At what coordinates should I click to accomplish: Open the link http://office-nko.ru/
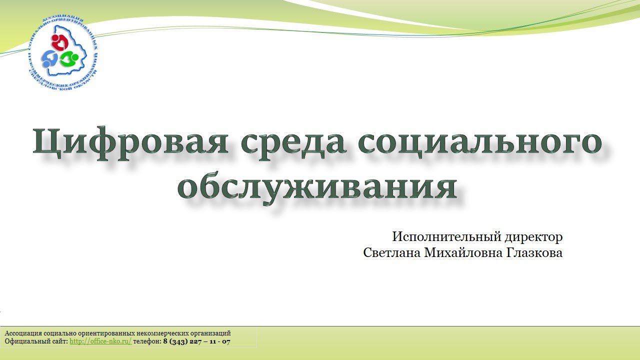click(x=100, y=341)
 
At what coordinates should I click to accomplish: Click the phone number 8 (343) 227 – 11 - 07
click(x=196, y=341)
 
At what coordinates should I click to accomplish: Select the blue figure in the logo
click(x=50, y=59)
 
